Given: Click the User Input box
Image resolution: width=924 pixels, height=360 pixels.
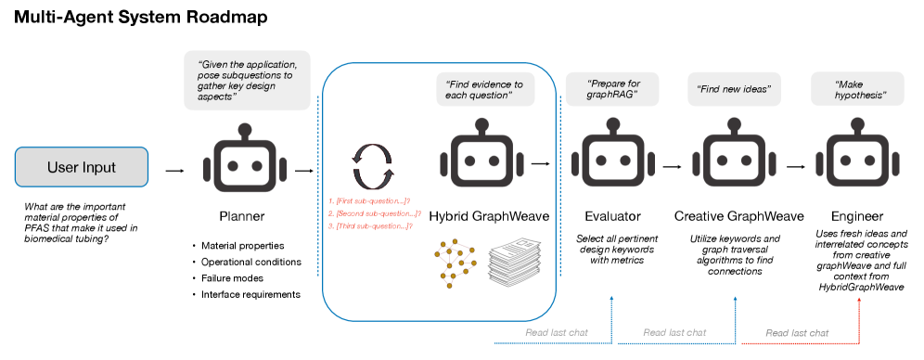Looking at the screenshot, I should coord(82,168).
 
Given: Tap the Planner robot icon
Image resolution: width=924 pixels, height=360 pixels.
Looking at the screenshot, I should coord(242,160).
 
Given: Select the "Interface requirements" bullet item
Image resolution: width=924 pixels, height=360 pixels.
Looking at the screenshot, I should coord(250,295).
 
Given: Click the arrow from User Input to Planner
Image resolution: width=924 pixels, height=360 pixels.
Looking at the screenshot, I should coord(173,171).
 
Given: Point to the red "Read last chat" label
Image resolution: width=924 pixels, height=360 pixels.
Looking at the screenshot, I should coord(797,332).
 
